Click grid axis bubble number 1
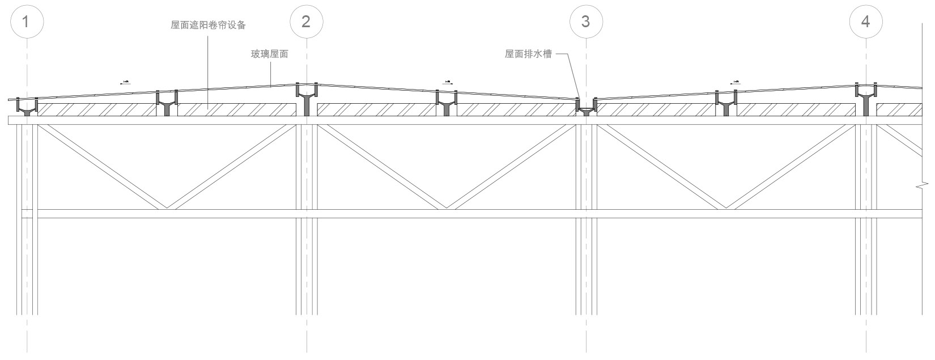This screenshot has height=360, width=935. pos(26,22)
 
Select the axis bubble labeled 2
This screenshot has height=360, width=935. pos(306,22)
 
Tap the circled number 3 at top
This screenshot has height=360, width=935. pos(586,22)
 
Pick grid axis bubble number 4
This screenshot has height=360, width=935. pos(865,22)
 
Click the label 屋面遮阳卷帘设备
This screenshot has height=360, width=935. pos(208,26)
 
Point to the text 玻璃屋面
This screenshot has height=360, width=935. pos(270,54)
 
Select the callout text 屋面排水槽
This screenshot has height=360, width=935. pos(528,54)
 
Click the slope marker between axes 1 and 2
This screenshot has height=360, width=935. pos(125,83)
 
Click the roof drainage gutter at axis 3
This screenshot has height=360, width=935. pos(586,105)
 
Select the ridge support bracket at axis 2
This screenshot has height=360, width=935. pos(306,96)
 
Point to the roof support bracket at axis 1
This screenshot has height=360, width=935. pos(27,107)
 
